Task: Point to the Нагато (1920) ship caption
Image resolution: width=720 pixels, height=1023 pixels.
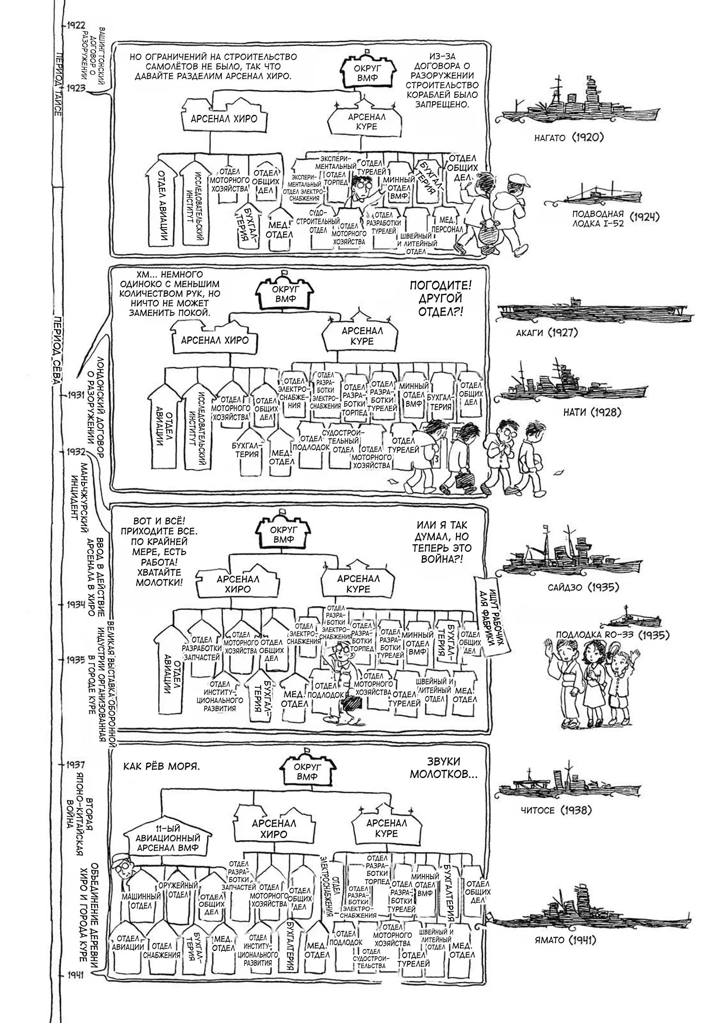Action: tap(568, 138)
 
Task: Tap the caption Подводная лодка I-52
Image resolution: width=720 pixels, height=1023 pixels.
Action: tap(597, 219)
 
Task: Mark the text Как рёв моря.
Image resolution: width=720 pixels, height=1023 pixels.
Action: tap(162, 766)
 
